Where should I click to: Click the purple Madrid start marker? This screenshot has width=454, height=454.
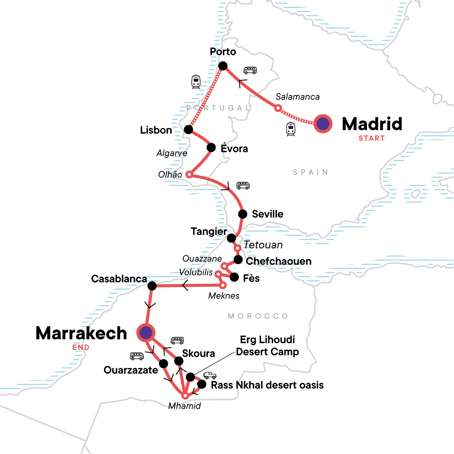[323, 124]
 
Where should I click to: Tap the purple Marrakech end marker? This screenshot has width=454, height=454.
[146, 333]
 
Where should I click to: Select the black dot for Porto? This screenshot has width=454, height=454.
[223, 66]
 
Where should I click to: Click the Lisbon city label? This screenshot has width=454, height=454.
[156, 130]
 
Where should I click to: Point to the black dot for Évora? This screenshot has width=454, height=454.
[211, 148]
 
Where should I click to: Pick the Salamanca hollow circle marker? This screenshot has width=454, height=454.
[278, 109]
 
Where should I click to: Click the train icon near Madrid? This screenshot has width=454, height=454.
[291, 129]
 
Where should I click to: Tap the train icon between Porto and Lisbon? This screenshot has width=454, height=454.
[196, 82]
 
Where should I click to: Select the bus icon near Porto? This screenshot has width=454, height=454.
[250, 70]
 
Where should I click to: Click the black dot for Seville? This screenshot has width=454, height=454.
[243, 214]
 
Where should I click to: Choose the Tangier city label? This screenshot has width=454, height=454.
[208, 231]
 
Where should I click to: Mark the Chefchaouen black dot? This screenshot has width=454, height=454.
[238, 260]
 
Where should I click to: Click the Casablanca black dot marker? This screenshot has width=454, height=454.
[152, 286]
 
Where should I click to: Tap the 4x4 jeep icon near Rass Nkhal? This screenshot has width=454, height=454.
[210, 375]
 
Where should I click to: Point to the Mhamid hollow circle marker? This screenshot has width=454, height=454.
[185, 396]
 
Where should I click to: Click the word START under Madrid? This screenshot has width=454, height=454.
[372, 138]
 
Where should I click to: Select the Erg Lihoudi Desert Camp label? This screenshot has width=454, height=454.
[267, 346]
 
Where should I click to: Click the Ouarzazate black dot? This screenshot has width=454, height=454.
[163, 364]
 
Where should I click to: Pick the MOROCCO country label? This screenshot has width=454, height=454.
[258, 316]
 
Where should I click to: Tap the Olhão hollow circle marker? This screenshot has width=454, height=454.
[189, 175]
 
